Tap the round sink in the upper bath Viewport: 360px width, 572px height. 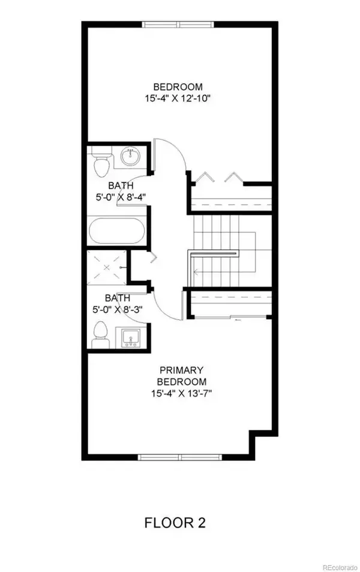130,157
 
